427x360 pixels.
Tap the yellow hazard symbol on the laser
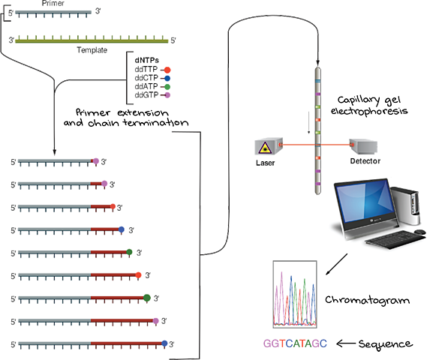[263, 146]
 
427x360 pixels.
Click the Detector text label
[365, 160]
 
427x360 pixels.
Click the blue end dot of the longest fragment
[167, 343]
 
